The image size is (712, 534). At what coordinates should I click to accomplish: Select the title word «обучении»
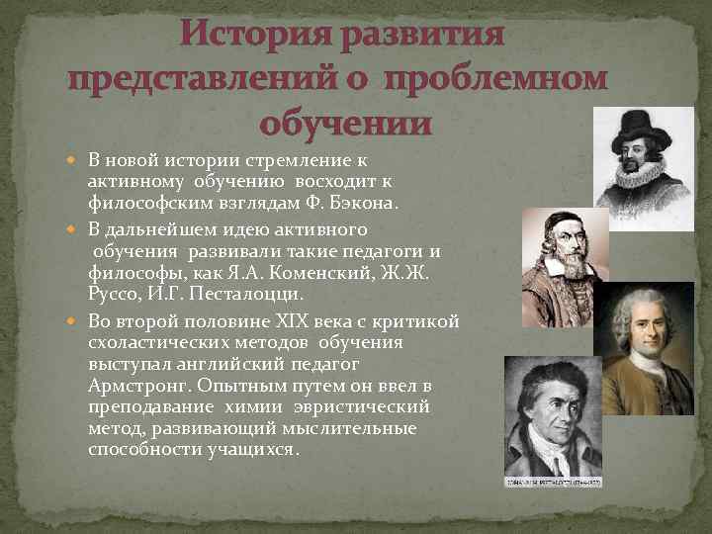(x=346, y=125)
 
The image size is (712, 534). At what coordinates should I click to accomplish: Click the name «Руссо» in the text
(x=115, y=294)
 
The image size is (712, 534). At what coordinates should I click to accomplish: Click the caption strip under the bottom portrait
(x=553, y=482)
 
